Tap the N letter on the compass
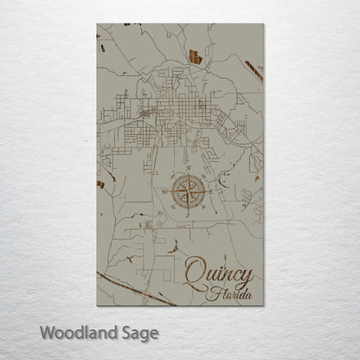click(x=187, y=166)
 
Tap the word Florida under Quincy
click(x=228, y=293)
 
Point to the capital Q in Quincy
click(x=195, y=271)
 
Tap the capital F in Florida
click(x=211, y=292)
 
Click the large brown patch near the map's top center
click(x=195, y=58)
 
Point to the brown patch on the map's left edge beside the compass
click(x=100, y=184)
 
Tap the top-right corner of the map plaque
click(x=264, y=24)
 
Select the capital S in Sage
click(x=125, y=331)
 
